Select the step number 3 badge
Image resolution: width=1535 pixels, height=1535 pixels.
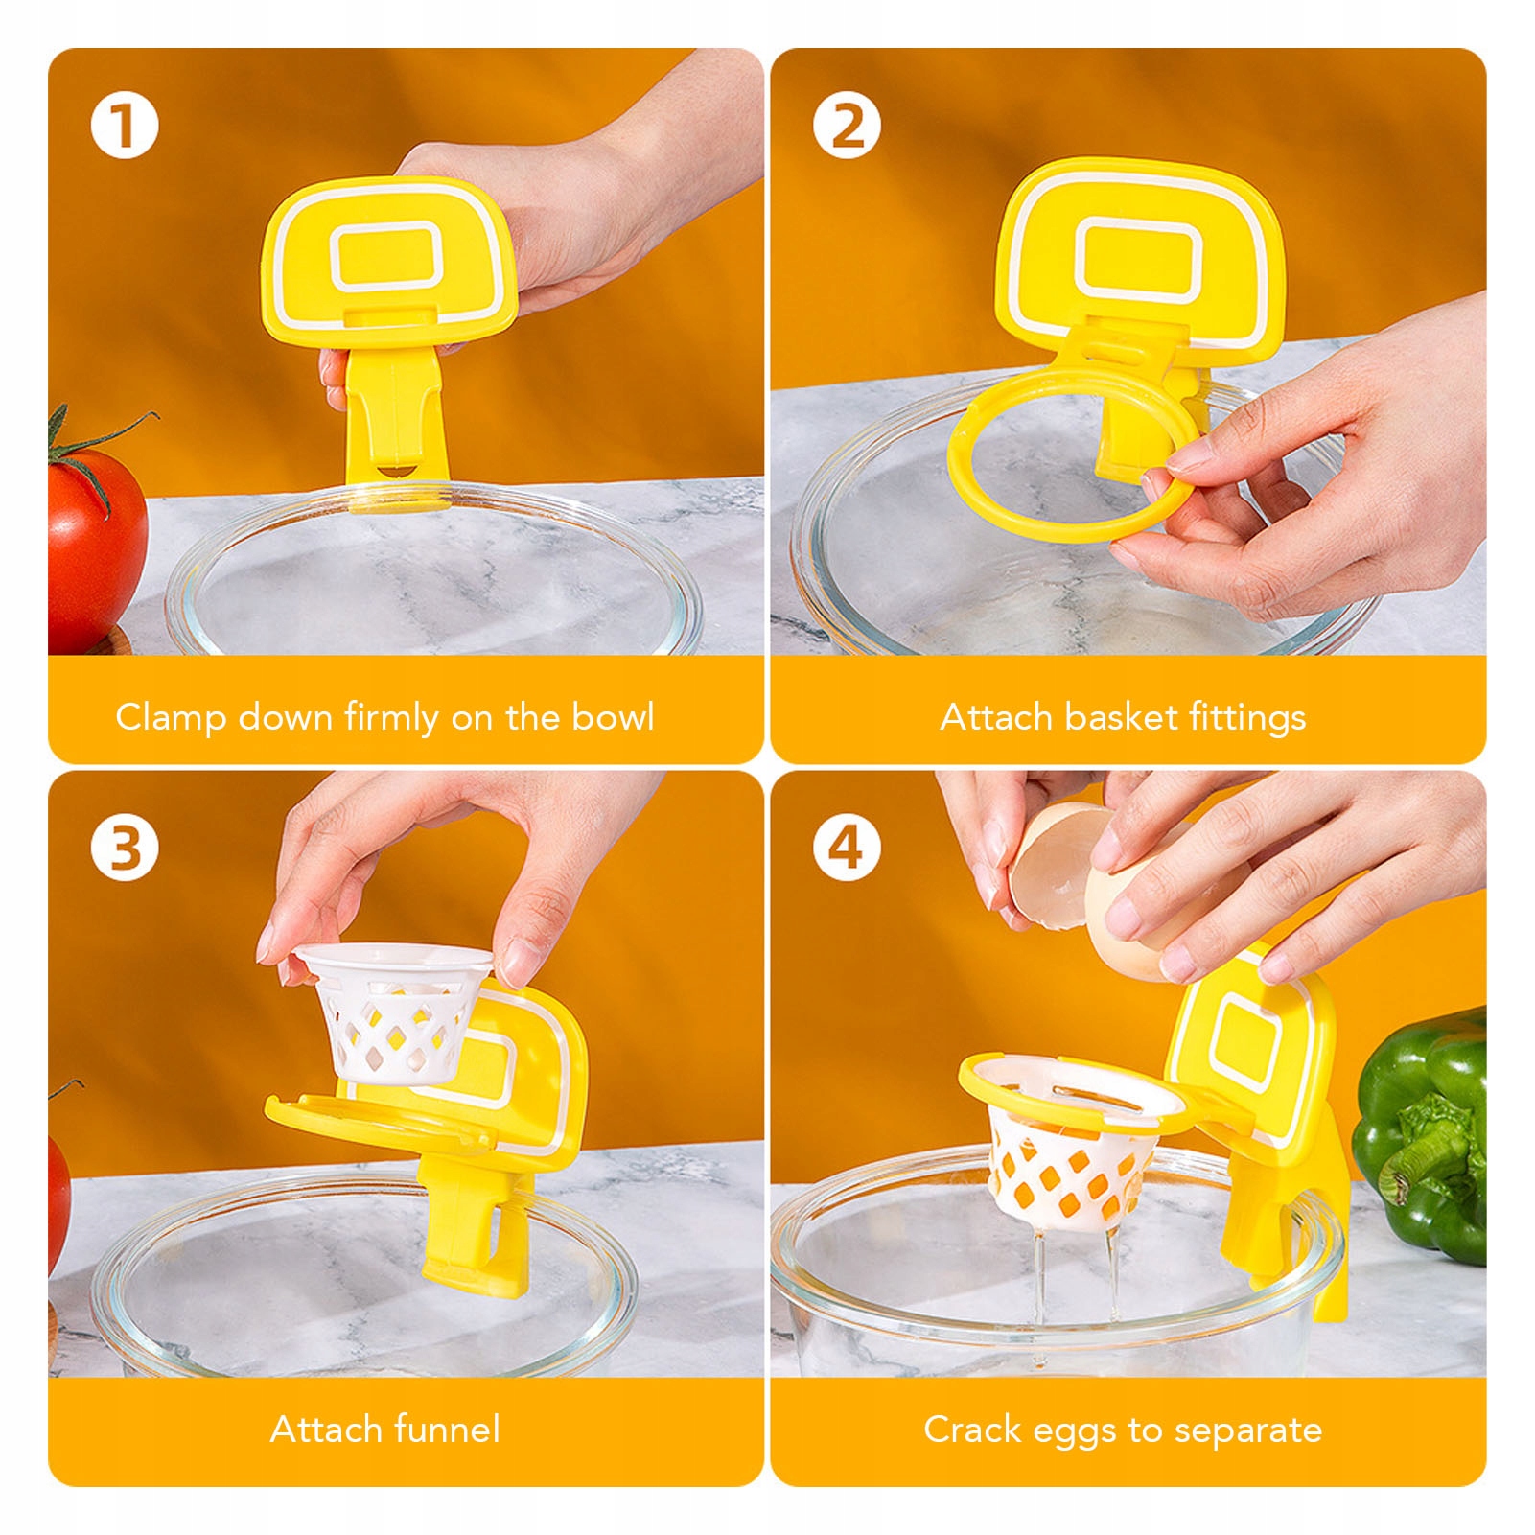(x=125, y=849)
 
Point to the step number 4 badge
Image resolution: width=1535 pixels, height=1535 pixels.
(x=847, y=849)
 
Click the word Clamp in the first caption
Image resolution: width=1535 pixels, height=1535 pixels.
(x=171, y=718)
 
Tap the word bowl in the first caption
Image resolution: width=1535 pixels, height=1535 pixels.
(x=613, y=716)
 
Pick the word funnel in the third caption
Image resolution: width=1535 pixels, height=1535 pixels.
(x=447, y=1430)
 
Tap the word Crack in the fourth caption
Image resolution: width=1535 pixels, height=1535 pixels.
(x=971, y=1430)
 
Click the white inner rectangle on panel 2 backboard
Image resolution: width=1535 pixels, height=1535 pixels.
(x=1138, y=258)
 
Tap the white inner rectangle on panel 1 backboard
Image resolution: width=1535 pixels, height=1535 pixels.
(x=387, y=256)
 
